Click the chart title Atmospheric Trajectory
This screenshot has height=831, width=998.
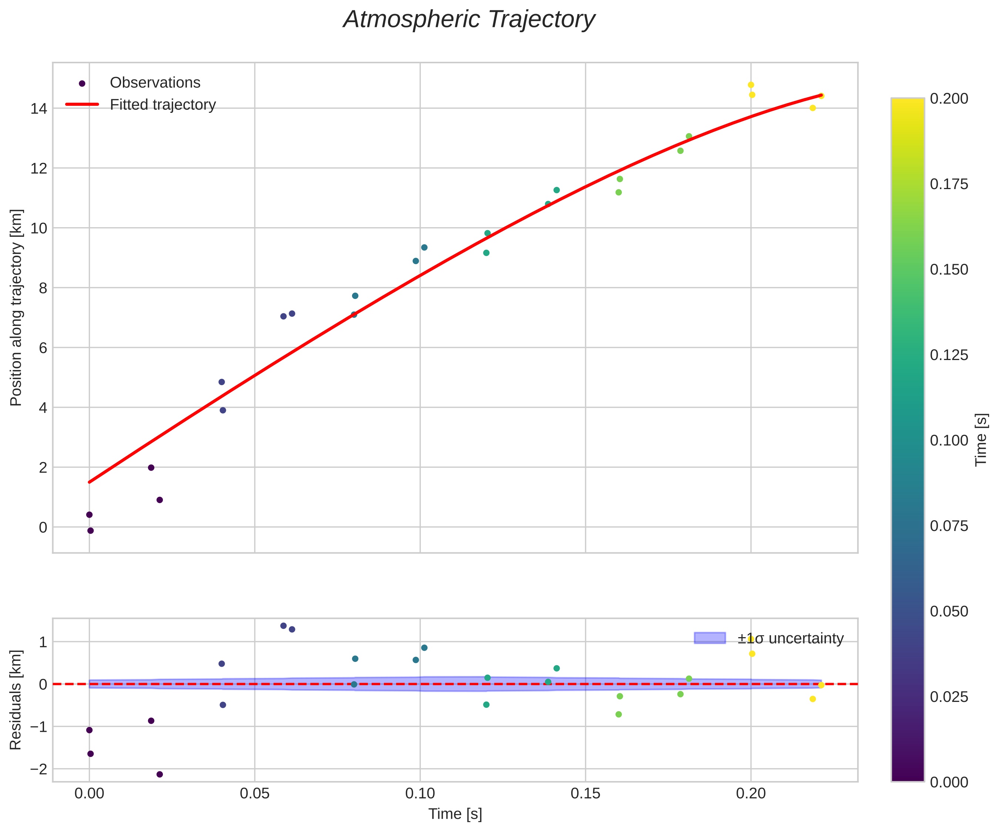pyautogui.click(x=469, y=20)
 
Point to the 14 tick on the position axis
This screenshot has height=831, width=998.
pyautogui.click(x=39, y=108)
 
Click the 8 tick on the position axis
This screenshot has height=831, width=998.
pyautogui.click(x=43, y=288)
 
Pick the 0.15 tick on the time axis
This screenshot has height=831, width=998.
pyautogui.click(x=586, y=794)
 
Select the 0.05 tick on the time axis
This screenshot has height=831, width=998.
pyautogui.click(x=255, y=794)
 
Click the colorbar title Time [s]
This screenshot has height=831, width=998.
pyautogui.click(x=981, y=440)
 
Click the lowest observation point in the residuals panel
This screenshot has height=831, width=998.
pyautogui.click(x=160, y=774)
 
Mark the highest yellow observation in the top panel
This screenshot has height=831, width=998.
pyautogui.click(x=751, y=85)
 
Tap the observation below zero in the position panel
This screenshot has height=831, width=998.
pyautogui.click(x=91, y=531)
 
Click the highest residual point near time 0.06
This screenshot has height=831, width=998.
pyautogui.click(x=284, y=626)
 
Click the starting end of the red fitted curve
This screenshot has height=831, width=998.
pyautogui.click(x=89, y=482)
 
